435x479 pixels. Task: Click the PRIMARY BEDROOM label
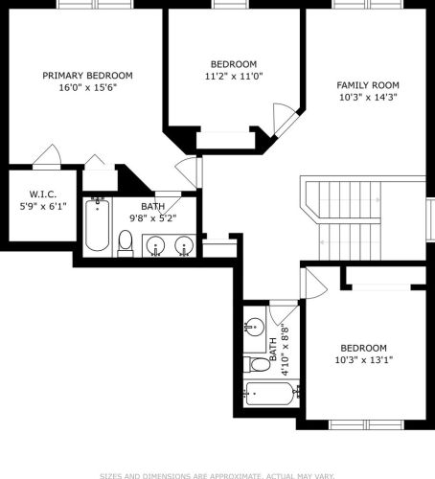coord(87,75)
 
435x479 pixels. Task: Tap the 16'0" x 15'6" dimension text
coord(87,86)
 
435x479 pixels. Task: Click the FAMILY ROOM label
coord(367,84)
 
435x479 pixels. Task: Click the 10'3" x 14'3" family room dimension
coord(367,96)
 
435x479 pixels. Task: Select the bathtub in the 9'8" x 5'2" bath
coord(97,224)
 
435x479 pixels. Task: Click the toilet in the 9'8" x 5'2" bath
coord(126,243)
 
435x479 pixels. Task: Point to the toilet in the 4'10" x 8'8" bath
coord(259,365)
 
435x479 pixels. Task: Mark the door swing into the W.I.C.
coord(44,156)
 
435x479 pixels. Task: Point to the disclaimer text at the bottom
coord(217,472)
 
